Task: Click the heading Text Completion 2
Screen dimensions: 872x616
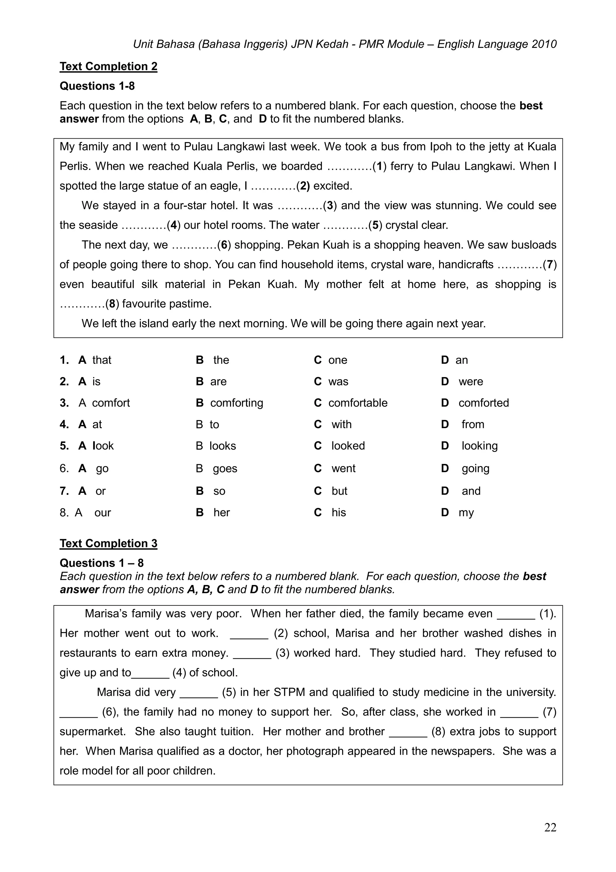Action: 108,66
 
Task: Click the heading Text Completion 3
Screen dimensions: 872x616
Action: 108,543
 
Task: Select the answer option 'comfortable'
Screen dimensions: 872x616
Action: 358,403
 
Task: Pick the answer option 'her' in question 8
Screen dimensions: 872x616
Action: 221,513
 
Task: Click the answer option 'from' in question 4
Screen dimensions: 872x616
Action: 473,425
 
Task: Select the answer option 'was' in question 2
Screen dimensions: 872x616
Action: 338,382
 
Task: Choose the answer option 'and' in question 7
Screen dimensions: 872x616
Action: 471,491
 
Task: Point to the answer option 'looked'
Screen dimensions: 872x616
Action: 348,446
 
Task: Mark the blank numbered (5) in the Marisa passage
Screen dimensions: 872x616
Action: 199,692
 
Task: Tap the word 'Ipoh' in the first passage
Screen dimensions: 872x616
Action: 441,147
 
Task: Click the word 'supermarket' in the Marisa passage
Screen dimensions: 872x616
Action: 92,732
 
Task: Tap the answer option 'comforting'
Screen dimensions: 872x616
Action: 236,403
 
